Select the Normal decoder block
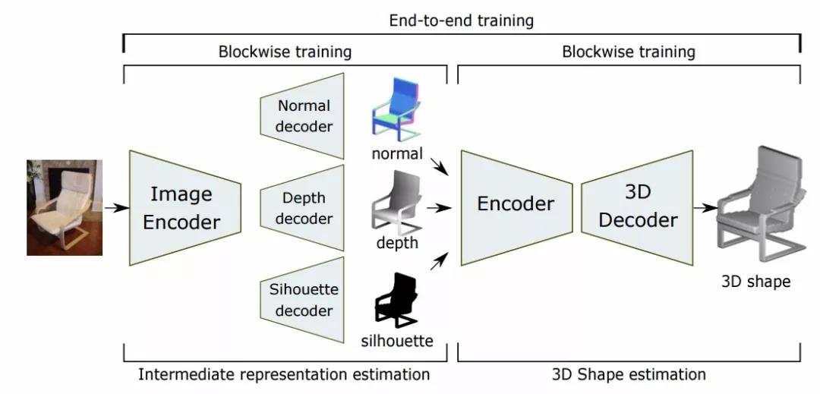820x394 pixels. point(303,116)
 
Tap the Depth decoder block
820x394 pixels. point(303,208)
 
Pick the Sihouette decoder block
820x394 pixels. point(303,299)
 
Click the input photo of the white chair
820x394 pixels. point(65,206)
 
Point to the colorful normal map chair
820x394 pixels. point(396,111)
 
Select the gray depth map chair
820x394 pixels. point(397,202)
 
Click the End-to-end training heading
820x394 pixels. point(462,20)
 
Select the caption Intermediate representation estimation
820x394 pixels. point(284,374)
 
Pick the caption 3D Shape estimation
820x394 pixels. point(629,374)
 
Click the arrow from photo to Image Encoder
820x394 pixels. point(115,207)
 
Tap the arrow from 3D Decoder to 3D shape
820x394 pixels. point(706,206)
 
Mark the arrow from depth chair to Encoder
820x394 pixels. point(437,206)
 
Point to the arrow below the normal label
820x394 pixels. point(438,166)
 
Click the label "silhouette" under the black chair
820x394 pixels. point(397,341)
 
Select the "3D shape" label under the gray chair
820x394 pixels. point(755,282)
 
